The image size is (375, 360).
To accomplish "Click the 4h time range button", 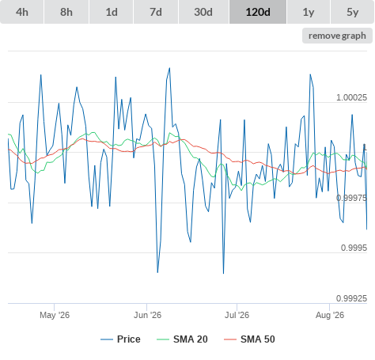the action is click(22, 12).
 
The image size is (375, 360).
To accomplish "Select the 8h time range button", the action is click(66, 12).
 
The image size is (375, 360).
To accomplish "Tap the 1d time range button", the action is click(112, 12).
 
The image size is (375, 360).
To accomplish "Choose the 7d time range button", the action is click(156, 12).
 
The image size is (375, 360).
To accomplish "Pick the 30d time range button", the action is click(203, 12).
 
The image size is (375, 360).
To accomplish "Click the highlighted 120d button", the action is click(258, 12).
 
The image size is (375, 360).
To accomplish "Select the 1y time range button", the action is click(309, 12).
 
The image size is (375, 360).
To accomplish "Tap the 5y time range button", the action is click(353, 12).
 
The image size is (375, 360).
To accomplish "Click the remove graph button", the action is click(337, 36).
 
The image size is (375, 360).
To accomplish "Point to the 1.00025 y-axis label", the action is click(351, 97).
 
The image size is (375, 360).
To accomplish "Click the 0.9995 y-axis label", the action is click(354, 248).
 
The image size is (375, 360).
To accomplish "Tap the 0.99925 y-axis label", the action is click(351, 298).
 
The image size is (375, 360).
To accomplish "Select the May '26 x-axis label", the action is click(55, 315).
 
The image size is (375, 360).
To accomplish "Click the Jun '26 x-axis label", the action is click(147, 315).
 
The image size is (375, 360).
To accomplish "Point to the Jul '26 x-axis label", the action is click(237, 315).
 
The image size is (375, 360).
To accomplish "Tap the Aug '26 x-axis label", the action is click(330, 315).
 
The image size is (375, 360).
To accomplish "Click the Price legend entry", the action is click(120, 339).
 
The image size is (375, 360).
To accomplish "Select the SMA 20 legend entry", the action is click(182, 339).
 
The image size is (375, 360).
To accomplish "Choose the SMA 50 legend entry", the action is click(249, 339).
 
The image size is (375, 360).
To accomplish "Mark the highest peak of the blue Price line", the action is click(169, 68).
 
